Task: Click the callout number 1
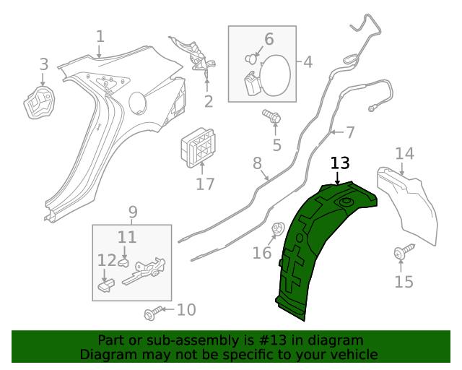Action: pyautogui.click(x=100, y=36)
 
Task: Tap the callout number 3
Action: pyautogui.click(x=43, y=64)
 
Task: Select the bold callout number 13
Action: pyautogui.click(x=339, y=163)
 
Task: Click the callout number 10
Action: pyautogui.click(x=186, y=310)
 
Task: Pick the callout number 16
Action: pyautogui.click(x=262, y=253)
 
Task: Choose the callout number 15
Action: pyautogui.click(x=404, y=281)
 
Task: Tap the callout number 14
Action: pyautogui.click(x=404, y=153)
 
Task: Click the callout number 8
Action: pyautogui.click(x=257, y=164)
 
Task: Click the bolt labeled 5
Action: pyautogui.click(x=272, y=116)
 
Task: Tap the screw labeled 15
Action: pyautogui.click(x=400, y=252)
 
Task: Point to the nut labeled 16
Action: pyautogui.click(x=276, y=230)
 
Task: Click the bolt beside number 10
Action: pyautogui.click(x=151, y=314)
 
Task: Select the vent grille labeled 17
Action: pyautogui.click(x=198, y=148)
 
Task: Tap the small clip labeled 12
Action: pyautogui.click(x=105, y=287)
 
